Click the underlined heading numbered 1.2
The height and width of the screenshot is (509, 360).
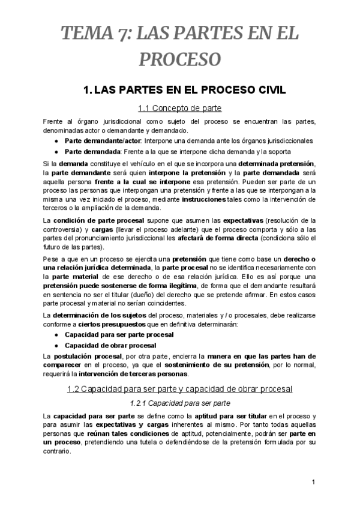pyautogui.click(x=180, y=389)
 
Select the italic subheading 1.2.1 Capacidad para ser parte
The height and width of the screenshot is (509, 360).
pyautogui.click(x=180, y=402)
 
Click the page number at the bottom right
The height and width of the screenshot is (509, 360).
pyautogui.click(x=313, y=483)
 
